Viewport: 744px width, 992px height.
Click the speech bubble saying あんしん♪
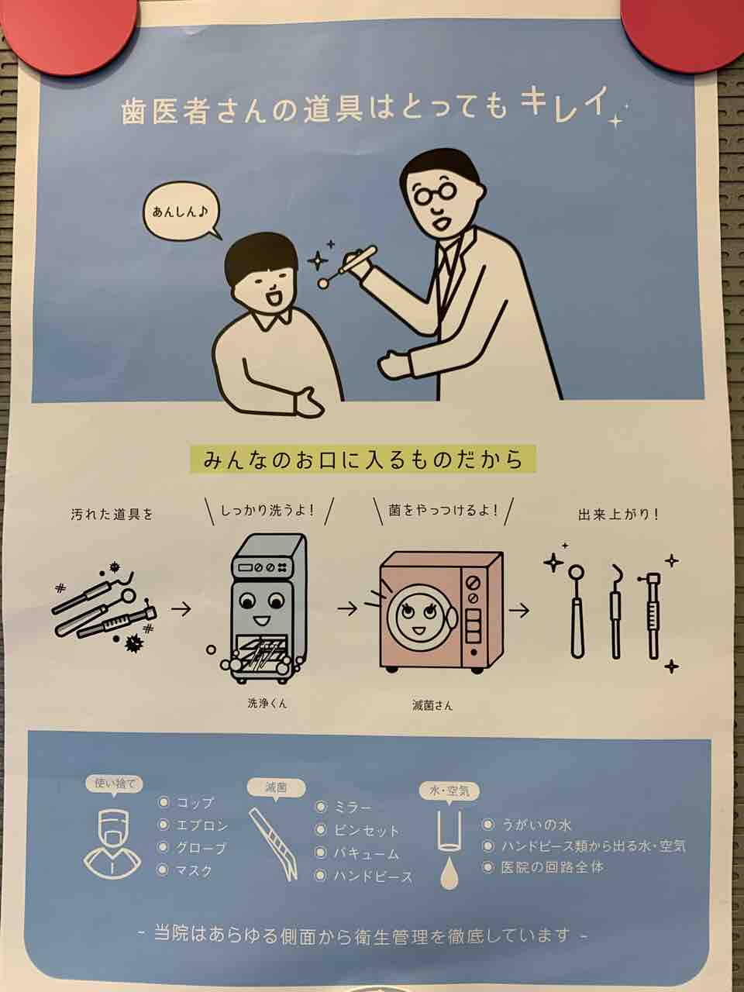(181, 212)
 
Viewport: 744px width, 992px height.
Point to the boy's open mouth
(273, 298)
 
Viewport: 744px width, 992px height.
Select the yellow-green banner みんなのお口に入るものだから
(363, 460)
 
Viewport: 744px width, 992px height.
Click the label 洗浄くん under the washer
(267, 702)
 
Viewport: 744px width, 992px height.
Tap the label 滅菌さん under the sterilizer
(432, 704)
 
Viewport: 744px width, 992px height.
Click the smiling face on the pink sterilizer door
(418, 615)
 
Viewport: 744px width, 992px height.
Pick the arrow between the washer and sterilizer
(347, 609)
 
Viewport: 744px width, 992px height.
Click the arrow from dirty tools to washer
(181, 610)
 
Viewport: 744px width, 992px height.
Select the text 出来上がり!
(618, 515)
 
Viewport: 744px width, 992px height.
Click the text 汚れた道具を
(112, 515)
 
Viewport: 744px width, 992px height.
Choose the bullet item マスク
(185, 870)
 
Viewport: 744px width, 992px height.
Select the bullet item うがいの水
(527, 825)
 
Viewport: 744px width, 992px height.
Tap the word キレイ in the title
(562, 107)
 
